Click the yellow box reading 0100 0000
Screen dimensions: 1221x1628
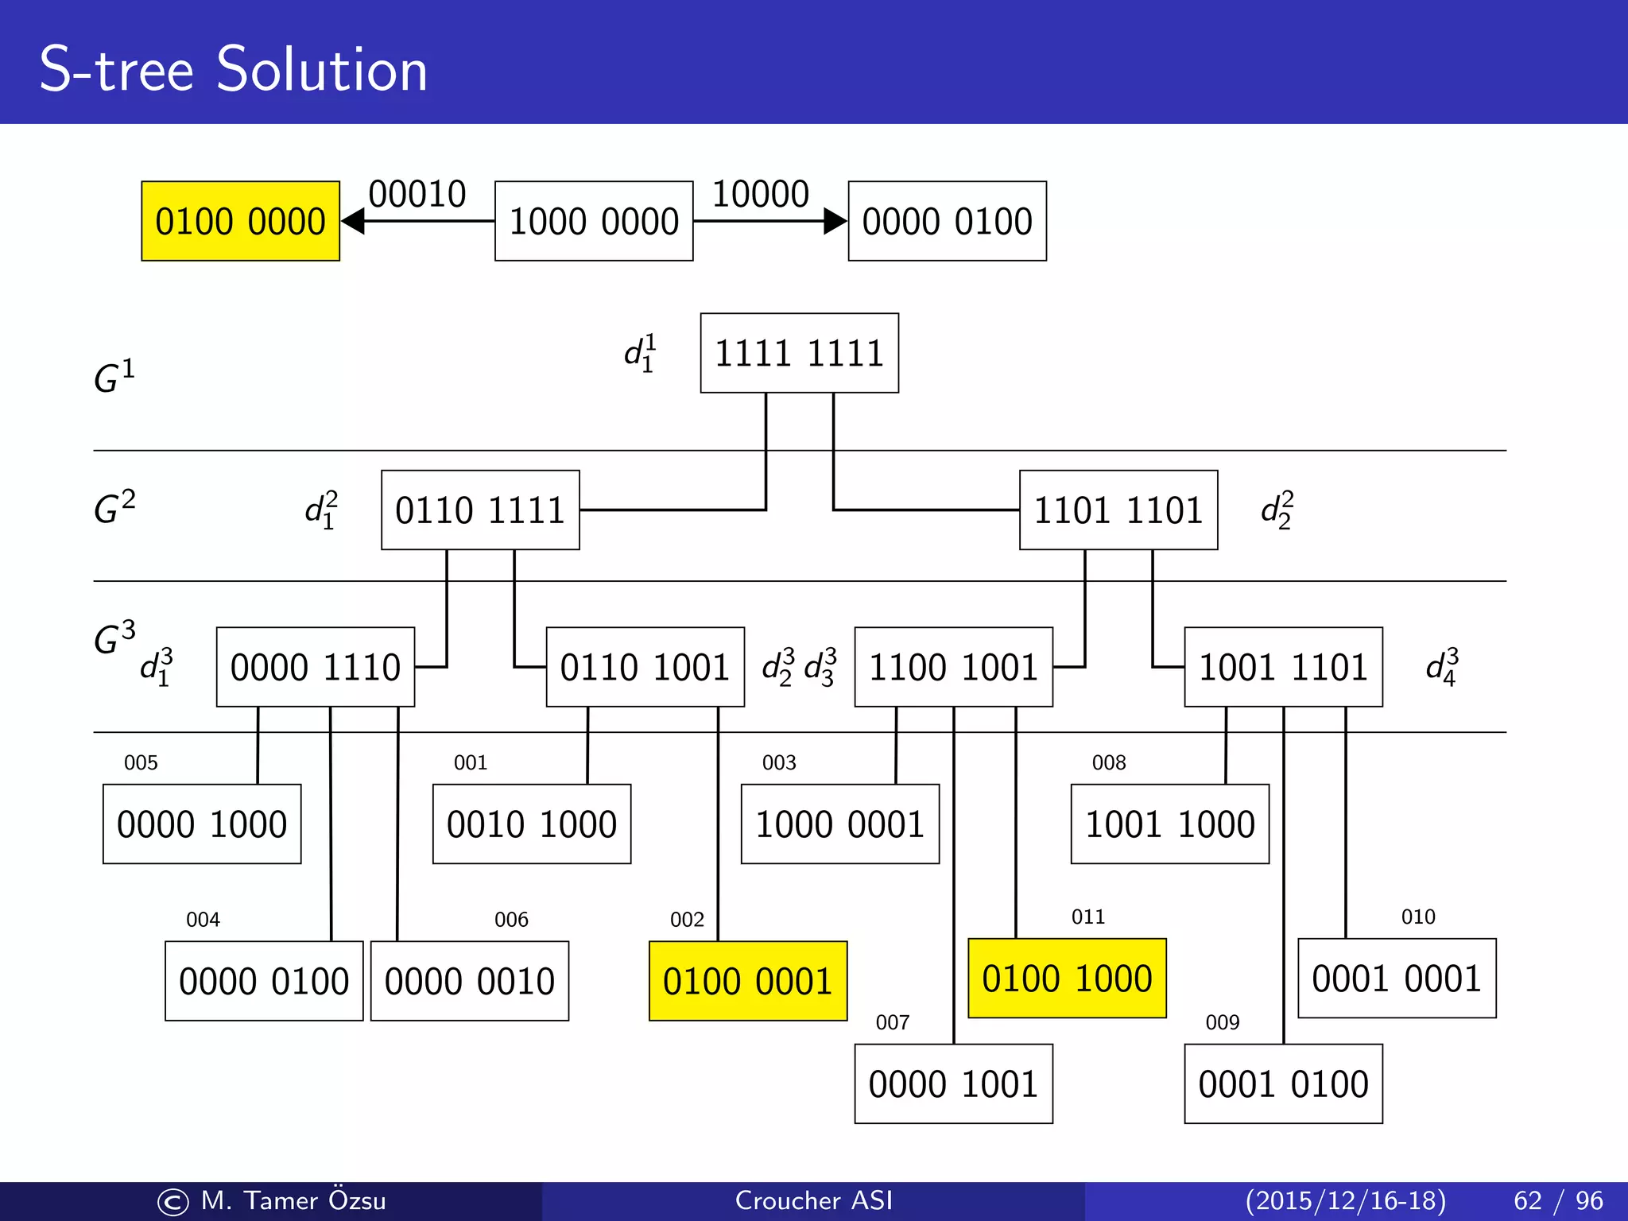tap(240, 221)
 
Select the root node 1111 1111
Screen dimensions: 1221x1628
tap(799, 353)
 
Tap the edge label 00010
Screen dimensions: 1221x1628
tap(417, 194)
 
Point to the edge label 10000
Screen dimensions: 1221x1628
tap(760, 194)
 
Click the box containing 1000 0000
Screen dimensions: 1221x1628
tap(594, 221)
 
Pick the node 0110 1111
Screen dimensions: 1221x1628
tap(480, 510)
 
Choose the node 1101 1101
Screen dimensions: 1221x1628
tap(1118, 510)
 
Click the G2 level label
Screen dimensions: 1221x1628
tap(114, 507)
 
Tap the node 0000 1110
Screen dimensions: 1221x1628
tap(316, 667)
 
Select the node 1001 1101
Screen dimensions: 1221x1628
tap(1283, 667)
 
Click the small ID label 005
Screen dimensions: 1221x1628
tap(141, 763)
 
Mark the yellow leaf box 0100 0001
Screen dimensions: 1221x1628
tap(747, 981)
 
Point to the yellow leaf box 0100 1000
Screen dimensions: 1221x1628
tap(1067, 979)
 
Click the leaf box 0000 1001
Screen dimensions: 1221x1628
tap(953, 1083)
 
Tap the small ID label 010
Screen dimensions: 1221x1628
tap(1418, 917)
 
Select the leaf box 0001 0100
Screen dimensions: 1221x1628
tap(1283, 1083)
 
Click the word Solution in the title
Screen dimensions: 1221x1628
tap(321, 70)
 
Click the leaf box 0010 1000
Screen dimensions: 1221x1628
tap(532, 824)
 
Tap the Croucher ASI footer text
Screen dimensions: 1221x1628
tap(813, 1200)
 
